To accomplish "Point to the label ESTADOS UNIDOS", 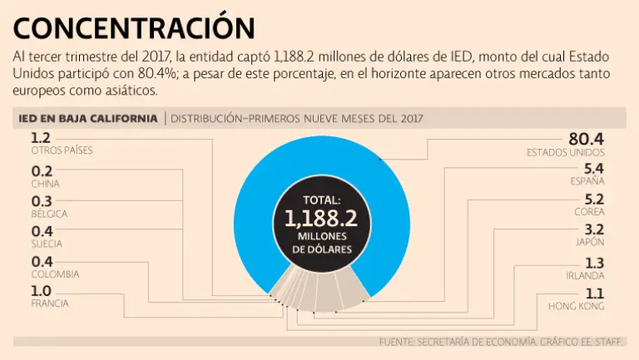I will coord(566,153).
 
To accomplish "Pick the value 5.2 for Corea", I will coord(594,200).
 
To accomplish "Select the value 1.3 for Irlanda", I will coord(594,263).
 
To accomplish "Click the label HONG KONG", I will coord(577,306).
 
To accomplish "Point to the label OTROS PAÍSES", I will coord(62,150).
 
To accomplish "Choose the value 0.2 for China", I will coord(42,170).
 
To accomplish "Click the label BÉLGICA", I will coord(49,214).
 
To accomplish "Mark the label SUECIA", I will coord(47,244).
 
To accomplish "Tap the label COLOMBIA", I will coord(55,274).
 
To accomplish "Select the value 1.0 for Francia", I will coord(42,290).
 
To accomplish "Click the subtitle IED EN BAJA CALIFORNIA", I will coord(87,119).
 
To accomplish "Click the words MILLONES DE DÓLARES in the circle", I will coord(320,243).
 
